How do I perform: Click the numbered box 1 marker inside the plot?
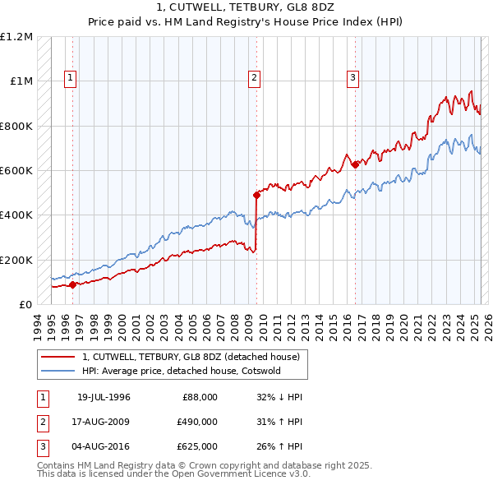pyautogui.click(x=71, y=79)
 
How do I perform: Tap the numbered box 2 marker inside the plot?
pyautogui.click(x=255, y=79)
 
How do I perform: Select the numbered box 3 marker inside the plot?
pyautogui.click(x=352, y=79)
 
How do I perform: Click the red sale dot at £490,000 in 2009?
pyautogui.click(x=256, y=196)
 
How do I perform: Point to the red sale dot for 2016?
pyautogui.click(x=355, y=165)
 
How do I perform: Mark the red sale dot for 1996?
pyautogui.click(x=72, y=285)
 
